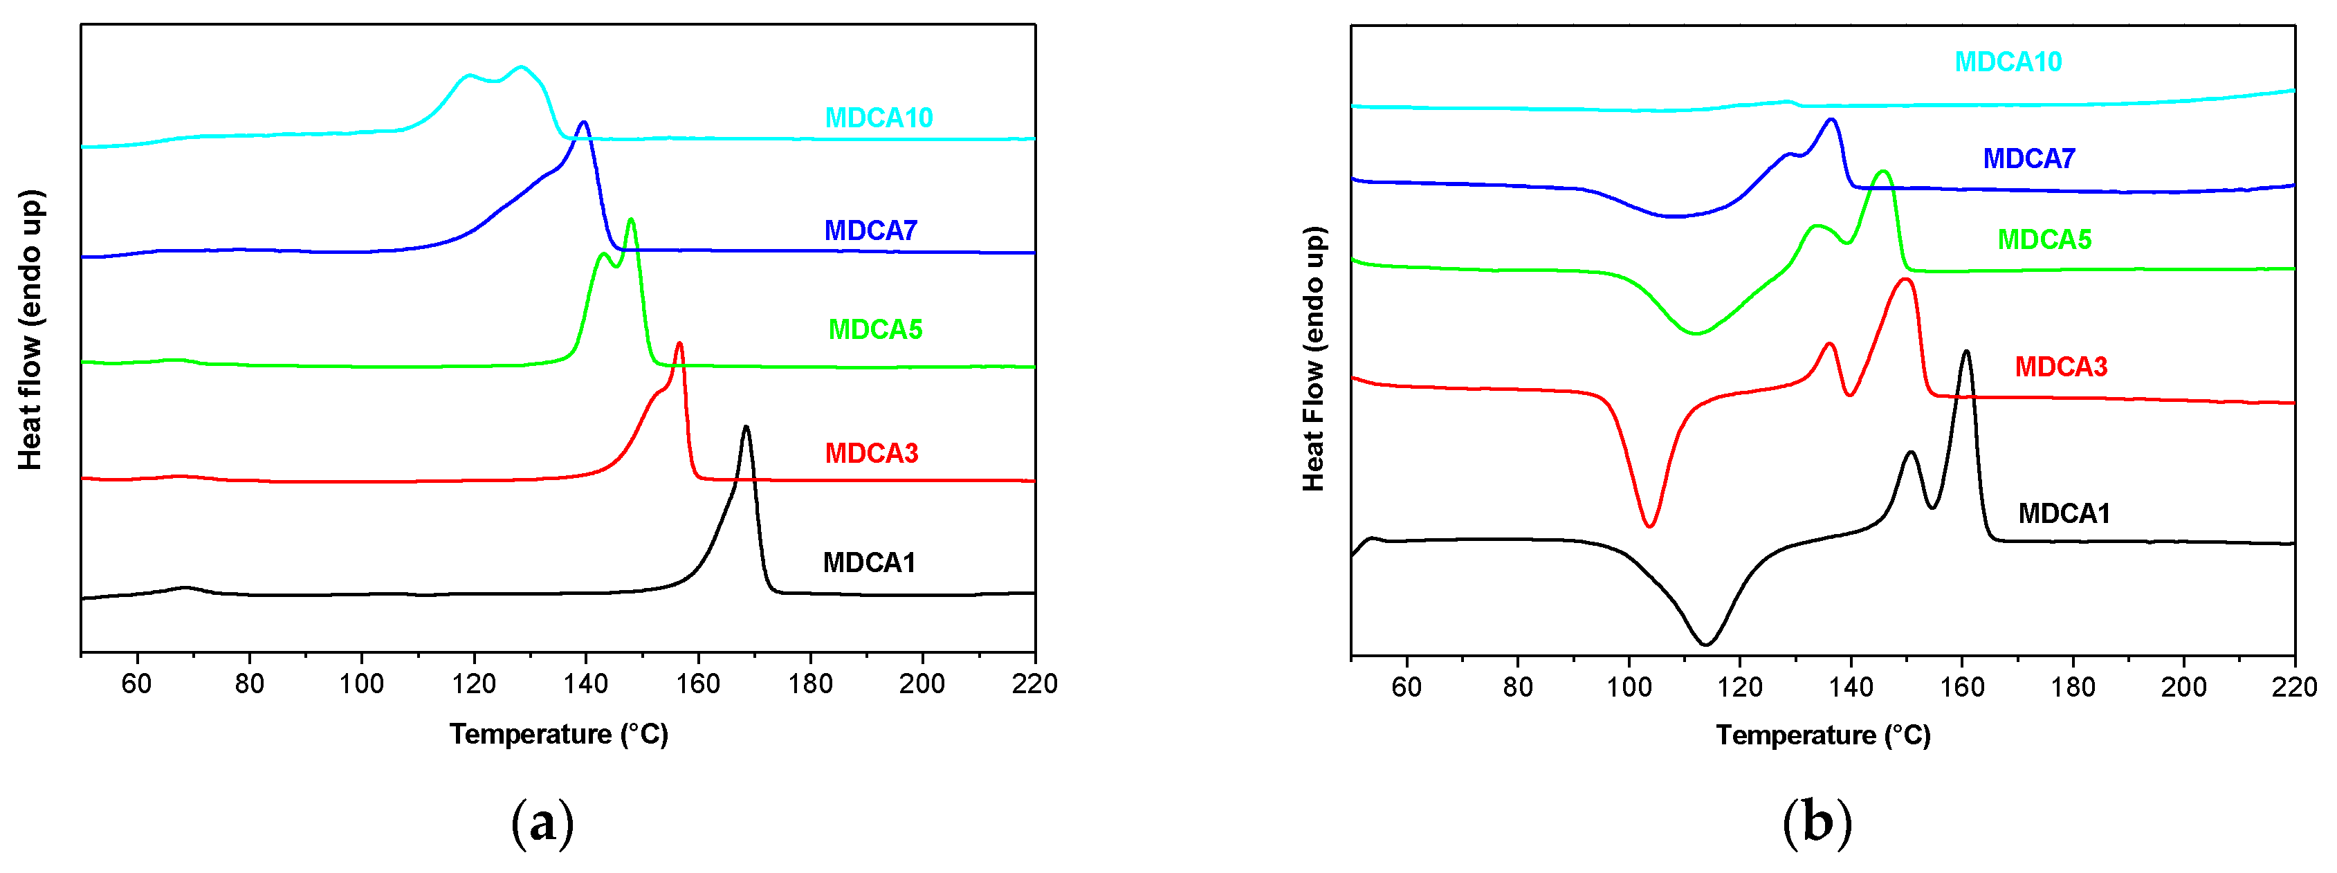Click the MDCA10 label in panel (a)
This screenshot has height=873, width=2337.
click(878, 118)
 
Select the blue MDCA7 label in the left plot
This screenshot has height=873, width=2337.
click(870, 230)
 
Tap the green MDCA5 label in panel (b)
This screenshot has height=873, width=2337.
click(2044, 239)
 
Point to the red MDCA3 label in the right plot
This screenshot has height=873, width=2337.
click(2060, 367)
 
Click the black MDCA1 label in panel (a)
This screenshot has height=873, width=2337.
click(868, 562)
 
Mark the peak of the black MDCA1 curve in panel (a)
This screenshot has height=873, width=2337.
click(746, 427)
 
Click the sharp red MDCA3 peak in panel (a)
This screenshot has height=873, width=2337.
click(679, 343)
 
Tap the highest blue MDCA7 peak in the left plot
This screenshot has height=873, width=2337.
click(583, 122)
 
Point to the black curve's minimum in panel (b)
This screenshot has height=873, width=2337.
click(1705, 644)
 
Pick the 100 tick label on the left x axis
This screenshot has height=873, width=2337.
click(361, 684)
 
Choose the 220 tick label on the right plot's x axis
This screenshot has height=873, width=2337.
click(2293, 687)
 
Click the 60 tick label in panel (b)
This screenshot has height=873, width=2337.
click(1406, 687)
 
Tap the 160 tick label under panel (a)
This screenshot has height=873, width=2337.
click(697, 684)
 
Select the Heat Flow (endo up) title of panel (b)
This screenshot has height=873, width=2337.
click(1314, 358)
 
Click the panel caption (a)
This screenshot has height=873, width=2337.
click(542, 823)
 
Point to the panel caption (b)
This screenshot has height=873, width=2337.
click(1816, 823)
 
